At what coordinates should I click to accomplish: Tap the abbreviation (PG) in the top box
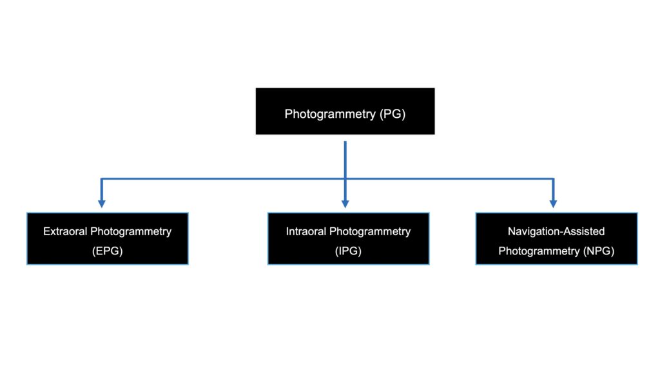click(393, 114)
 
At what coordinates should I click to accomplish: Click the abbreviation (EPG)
click(107, 251)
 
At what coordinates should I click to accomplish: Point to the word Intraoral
click(307, 231)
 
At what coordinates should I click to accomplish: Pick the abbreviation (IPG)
click(348, 251)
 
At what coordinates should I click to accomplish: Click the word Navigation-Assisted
click(556, 231)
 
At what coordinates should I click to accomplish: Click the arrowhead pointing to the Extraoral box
click(101, 203)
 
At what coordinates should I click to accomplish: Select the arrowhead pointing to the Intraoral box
click(345, 203)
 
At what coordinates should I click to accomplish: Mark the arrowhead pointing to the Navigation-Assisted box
click(553, 203)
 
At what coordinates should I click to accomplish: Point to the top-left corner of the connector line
click(101, 178)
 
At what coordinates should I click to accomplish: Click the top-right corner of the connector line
click(553, 178)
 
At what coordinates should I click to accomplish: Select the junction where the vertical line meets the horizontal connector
click(345, 178)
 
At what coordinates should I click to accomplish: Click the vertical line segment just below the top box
click(345, 155)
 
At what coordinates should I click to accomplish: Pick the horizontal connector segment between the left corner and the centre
click(222, 178)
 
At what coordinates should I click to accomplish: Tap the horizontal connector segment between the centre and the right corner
click(449, 178)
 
